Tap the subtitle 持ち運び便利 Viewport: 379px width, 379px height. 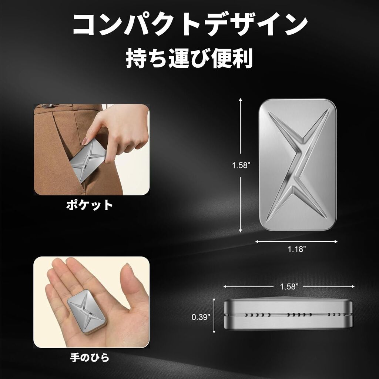pos(189,58)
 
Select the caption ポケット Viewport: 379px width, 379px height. pos(90,205)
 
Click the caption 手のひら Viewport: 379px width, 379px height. pos(90,358)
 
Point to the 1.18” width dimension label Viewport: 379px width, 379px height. pos(296,249)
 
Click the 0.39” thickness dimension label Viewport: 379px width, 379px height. pos(201,317)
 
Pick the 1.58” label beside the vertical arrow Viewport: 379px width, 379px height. pos(241,165)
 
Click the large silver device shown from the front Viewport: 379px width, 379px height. pos(298,164)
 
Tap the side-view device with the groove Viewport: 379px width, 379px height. pos(288,313)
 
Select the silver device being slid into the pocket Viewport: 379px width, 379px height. pos(89,160)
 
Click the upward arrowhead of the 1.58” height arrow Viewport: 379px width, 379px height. pos(240,99)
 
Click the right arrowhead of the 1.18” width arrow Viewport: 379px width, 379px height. pos(336,241)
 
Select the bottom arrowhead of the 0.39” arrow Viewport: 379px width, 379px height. pos(214,332)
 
